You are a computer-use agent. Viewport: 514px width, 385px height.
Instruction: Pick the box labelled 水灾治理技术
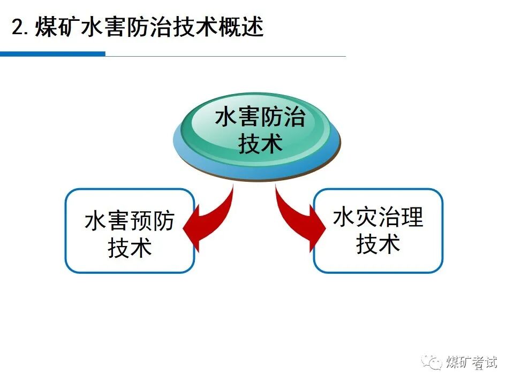click(378, 230)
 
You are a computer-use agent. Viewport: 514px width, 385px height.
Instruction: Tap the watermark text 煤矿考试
click(472, 362)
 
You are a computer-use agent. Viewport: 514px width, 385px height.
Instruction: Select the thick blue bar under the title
click(52, 53)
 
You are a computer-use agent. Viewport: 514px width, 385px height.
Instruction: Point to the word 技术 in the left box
click(130, 248)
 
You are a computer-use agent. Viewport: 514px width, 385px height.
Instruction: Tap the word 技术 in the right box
click(378, 244)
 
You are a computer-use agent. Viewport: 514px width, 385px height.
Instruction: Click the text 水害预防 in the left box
click(130, 221)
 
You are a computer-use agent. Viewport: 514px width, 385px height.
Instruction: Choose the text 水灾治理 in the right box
click(378, 218)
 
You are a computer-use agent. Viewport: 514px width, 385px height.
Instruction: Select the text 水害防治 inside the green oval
click(260, 118)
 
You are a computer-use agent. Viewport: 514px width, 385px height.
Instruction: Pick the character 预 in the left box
click(141, 221)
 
